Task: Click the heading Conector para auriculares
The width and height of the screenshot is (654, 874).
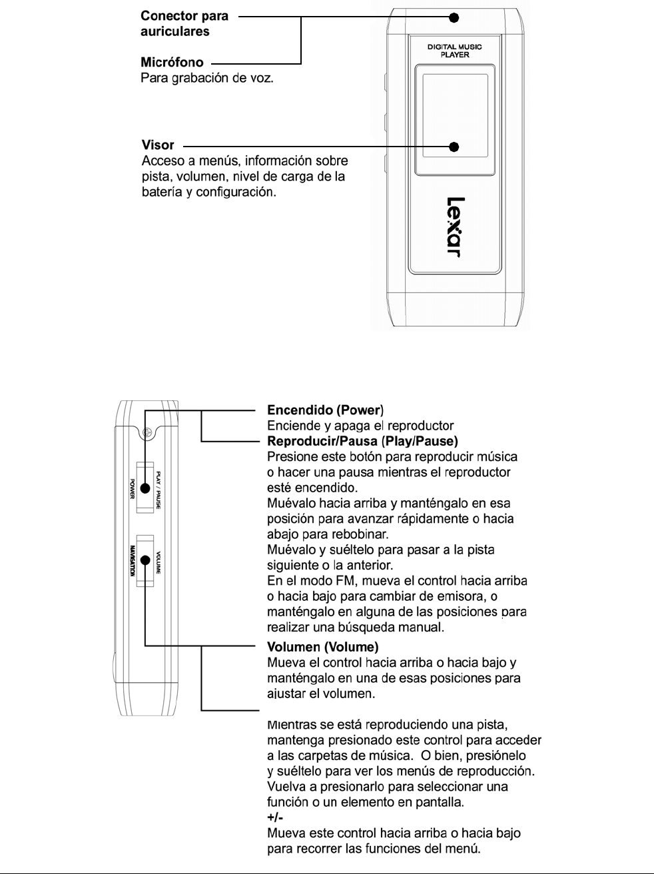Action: click(x=184, y=23)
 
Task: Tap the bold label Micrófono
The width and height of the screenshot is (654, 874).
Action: click(x=172, y=63)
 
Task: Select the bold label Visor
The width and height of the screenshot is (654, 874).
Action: click(x=158, y=145)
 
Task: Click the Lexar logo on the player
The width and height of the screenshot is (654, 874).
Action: click(x=455, y=227)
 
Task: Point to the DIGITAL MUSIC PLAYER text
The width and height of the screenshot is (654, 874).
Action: click(x=455, y=51)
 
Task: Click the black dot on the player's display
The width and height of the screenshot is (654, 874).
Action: click(x=455, y=147)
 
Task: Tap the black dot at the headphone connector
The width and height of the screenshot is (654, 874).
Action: click(x=454, y=18)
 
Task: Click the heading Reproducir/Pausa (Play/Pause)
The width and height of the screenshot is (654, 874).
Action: click(x=362, y=441)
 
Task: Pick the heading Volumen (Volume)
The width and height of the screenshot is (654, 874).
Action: click(x=322, y=647)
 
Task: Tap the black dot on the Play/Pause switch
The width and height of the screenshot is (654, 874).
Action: click(x=145, y=488)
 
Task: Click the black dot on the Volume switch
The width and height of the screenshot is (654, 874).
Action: click(x=145, y=561)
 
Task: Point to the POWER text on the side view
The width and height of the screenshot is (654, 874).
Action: click(x=133, y=488)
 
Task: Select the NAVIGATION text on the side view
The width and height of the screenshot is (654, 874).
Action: click(x=133, y=561)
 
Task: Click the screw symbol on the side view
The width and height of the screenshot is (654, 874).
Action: click(x=148, y=433)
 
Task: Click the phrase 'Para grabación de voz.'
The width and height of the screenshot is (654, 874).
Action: click(x=207, y=78)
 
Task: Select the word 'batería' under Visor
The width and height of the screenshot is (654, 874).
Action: click(x=160, y=192)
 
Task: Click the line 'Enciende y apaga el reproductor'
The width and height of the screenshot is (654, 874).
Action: click(x=360, y=426)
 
